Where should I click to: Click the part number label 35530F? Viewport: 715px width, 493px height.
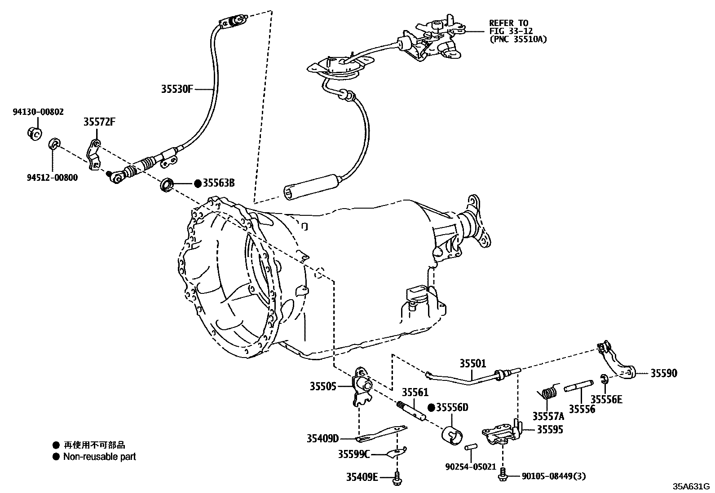point(177,89)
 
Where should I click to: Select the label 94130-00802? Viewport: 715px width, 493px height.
point(38,112)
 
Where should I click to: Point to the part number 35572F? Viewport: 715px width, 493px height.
point(99,122)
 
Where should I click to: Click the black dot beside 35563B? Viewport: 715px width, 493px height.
point(198,183)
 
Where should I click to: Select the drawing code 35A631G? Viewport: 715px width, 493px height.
point(690,486)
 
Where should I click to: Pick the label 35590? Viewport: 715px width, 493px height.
point(664,373)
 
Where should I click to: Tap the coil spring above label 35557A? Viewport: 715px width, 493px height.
point(547,393)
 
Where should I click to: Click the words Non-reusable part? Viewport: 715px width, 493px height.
point(99,457)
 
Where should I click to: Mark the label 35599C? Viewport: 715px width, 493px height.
point(354,454)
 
